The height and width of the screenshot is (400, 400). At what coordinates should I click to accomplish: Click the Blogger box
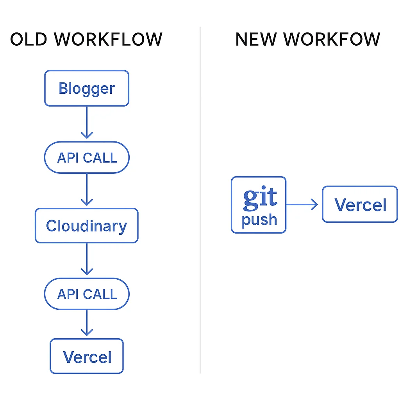86,88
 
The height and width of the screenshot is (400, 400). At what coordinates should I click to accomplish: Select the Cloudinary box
86,226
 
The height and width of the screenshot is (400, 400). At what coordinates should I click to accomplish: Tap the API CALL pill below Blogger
86,157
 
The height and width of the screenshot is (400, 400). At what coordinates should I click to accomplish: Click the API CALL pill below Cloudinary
86,294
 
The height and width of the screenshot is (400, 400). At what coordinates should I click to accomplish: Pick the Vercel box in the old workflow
86,356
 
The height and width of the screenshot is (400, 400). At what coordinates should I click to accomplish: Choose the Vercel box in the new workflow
360,205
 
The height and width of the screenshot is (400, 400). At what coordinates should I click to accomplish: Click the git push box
259,205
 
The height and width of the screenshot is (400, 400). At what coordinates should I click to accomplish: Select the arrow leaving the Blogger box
86,122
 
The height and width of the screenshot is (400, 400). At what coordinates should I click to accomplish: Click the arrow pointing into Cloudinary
86,190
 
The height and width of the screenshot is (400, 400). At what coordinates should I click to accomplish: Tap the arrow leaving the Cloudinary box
86,259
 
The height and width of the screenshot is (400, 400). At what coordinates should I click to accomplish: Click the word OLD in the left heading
27,39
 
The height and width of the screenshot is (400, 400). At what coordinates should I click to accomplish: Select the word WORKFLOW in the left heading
108,39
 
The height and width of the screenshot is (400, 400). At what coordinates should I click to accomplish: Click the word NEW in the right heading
255,39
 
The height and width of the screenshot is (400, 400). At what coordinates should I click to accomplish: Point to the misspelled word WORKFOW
332,39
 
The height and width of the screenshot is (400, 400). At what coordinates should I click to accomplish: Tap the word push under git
259,220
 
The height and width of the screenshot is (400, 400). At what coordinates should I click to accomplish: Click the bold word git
260,198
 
